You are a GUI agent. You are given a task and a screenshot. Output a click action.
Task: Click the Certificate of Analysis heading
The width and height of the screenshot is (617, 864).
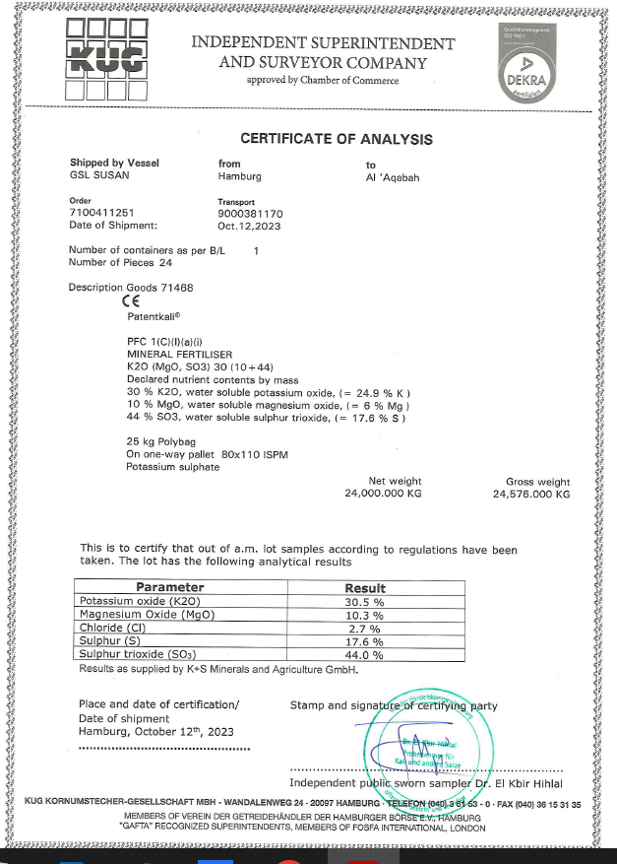(337, 139)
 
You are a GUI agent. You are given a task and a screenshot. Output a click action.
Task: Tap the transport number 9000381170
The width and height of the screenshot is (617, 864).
(250, 213)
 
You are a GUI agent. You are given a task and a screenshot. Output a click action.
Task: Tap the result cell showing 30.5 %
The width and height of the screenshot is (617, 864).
(363, 601)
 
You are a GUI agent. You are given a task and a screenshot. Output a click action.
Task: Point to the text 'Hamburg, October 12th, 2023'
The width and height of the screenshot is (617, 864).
(155, 732)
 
